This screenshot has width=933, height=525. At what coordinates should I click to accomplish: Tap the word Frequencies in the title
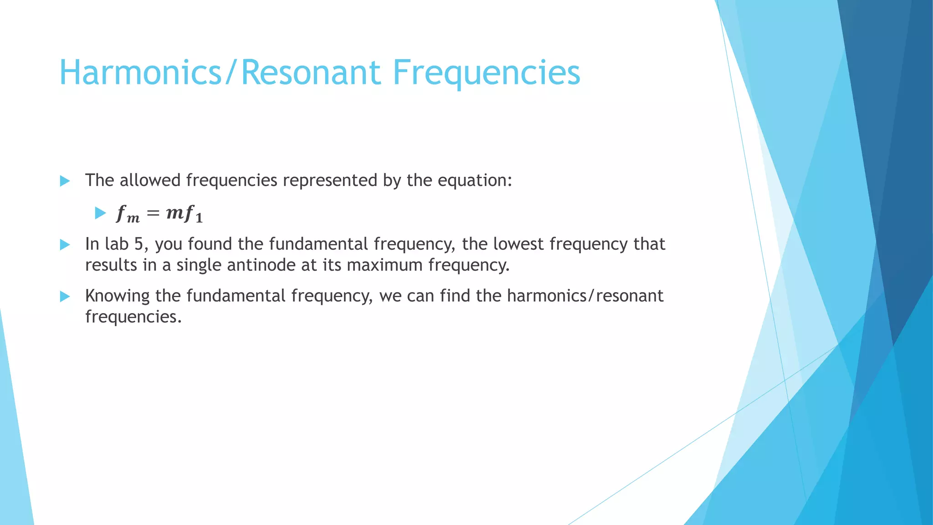coord(486,73)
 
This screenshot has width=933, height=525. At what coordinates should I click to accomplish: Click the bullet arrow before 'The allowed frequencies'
coord(65,181)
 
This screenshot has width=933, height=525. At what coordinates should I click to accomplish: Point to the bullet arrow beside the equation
coord(100,213)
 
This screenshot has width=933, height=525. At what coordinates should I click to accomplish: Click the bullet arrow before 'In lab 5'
coord(65,245)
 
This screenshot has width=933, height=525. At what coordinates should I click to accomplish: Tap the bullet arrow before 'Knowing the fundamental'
coord(65,297)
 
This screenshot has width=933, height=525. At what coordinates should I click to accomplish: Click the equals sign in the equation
coord(153,213)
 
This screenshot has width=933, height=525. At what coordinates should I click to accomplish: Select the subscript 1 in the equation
coord(199,219)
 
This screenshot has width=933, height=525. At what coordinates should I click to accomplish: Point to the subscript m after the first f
coord(133,219)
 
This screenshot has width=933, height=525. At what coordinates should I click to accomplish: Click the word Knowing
coord(117,296)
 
